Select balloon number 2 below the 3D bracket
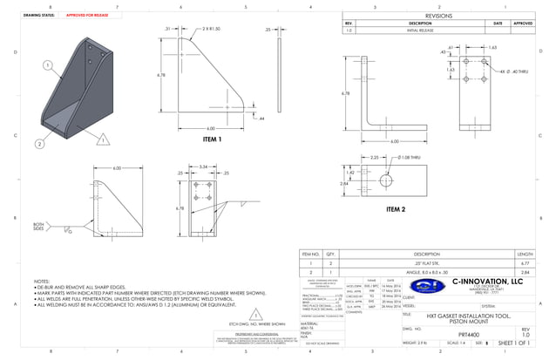[38, 144]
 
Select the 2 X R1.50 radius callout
[210, 29]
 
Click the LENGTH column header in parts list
[525, 253]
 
